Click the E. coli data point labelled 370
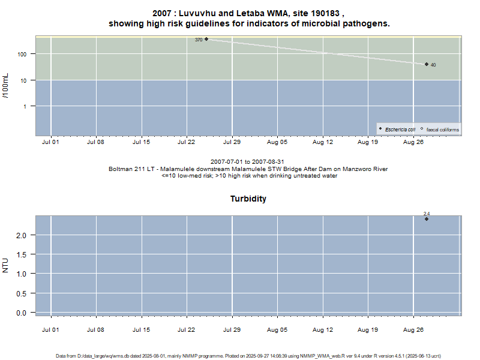point(206,39)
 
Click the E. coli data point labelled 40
point(427,64)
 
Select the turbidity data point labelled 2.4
point(427,219)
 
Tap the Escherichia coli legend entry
point(397,130)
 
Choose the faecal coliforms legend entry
point(439,130)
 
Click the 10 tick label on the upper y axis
point(26,80)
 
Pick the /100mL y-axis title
point(7,85)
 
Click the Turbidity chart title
point(248,199)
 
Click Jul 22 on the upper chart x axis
point(187,143)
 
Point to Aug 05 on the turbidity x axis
point(277,329)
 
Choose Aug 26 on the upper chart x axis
point(413,143)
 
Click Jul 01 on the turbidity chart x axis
point(51,329)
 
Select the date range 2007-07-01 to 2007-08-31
point(248,162)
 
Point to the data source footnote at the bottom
point(248,356)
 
